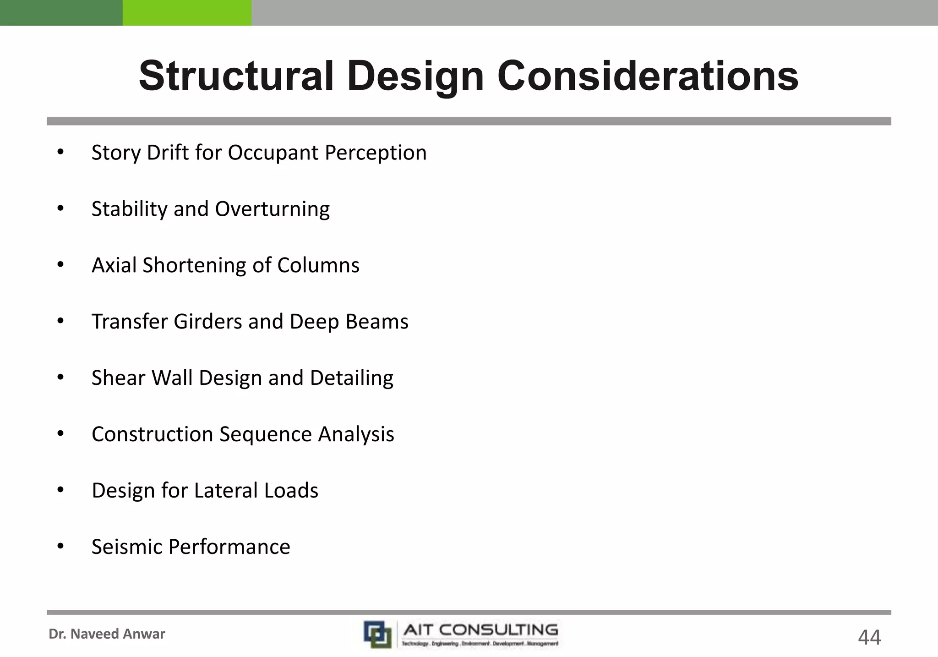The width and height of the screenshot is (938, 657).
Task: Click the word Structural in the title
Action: (x=236, y=76)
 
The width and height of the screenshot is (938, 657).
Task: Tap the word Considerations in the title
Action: (x=648, y=76)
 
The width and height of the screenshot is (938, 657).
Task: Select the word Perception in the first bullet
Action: (x=376, y=153)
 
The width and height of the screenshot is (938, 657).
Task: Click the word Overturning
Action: (x=273, y=209)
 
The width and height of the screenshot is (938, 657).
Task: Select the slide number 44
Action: (x=869, y=637)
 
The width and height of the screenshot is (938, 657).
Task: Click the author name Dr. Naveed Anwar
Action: (x=107, y=634)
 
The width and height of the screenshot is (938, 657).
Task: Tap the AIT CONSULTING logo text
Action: (x=480, y=630)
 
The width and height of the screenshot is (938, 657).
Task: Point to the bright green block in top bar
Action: (x=187, y=12)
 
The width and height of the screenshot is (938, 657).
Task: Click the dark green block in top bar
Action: (x=61, y=12)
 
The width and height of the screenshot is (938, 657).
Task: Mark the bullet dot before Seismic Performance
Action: (x=60, y=546)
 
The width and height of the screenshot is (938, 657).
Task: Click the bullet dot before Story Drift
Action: (x=60, y=152)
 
